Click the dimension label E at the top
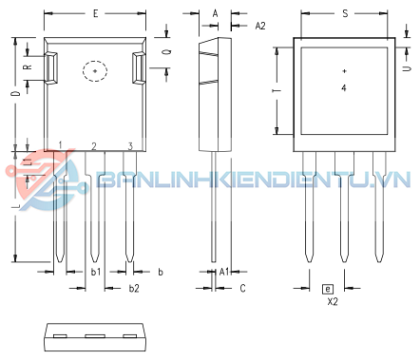click(x=95, y=13)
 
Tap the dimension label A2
click(x=260, y=26)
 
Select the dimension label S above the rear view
click(x=345, y=13)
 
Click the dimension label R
click(x=28, y=66)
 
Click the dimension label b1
click(x=96, y=272)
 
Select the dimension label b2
click(x=134, y=289)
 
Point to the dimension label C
click(x=242, y=289)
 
